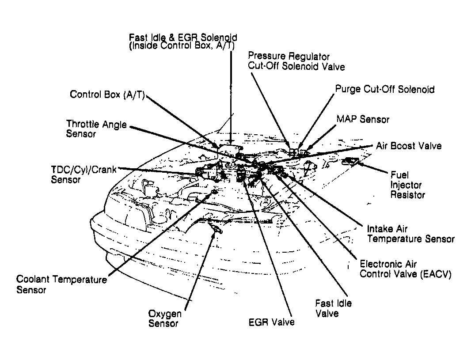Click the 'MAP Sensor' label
tap(363, 119)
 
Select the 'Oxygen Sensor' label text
tap(165, 318)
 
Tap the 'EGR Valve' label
tap(271, 322)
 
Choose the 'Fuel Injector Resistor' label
tap(407, 185)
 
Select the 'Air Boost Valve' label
tap(409, 146)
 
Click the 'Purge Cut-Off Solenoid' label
tap(384, 89)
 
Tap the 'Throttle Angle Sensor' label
tap(96, 129)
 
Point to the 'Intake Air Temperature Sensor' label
tap(410, 234)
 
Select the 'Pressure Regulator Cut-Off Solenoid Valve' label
tap(296, 61)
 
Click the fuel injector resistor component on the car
tap(352, 161)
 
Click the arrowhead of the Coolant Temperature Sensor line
tap(213, 195)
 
